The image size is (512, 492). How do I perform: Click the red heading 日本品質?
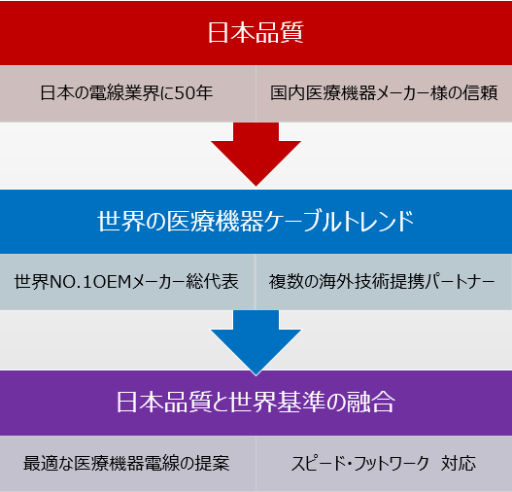256,32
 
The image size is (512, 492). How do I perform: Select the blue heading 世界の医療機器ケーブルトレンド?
256,221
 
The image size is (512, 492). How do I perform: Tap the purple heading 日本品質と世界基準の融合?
256,402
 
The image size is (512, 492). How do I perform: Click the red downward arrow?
256,155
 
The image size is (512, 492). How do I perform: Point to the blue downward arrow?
256,342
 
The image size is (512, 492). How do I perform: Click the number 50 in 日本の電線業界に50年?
186,92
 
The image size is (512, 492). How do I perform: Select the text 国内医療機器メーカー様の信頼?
384,92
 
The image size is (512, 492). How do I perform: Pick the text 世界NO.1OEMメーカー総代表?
126,282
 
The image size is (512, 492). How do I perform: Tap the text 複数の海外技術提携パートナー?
382,282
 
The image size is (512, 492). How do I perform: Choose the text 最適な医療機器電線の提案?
126,463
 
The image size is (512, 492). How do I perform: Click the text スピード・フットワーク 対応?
384,463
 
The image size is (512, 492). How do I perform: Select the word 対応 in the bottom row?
459,463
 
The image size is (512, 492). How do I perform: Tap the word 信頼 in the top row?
481,92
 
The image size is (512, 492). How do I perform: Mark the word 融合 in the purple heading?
371,402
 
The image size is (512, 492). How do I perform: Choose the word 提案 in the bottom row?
213,463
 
